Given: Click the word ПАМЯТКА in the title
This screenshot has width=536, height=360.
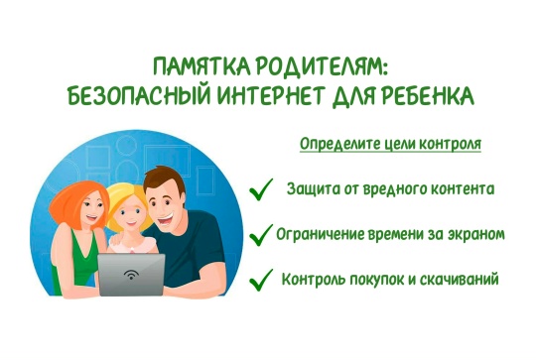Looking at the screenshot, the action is click(x=201, y=66).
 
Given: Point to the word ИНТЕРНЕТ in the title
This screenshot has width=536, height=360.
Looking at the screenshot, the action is click(x=270, y=95).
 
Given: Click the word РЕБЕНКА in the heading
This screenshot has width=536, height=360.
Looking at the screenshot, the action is click(x=428, y=95).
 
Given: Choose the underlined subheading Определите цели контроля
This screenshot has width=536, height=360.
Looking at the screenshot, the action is click(x=390, y=144).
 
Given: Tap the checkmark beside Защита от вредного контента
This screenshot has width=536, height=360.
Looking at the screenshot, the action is click(x=261, y=189).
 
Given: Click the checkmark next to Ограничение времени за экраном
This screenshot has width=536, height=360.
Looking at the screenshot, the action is click(x=261, y=235).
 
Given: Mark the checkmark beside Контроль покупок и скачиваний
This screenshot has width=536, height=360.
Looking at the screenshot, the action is click(x=261, y=280).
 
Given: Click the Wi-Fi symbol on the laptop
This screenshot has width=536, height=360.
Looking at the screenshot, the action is click(x=131, y=274).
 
